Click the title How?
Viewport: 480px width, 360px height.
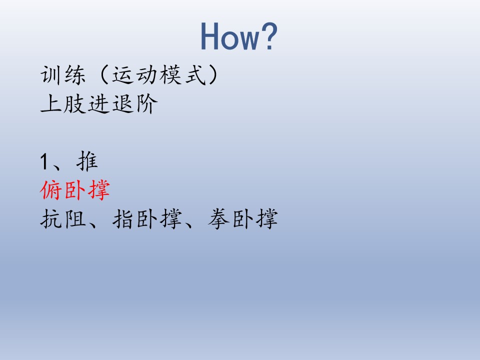point(239,36)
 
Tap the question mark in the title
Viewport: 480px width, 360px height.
point(269,36)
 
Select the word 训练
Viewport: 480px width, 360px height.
point(63,75)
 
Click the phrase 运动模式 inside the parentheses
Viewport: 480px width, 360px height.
point(158,75)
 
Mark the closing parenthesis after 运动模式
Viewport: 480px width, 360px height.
point(213,75)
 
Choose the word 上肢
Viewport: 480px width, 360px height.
point(63,104)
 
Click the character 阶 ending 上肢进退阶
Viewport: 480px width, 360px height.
point(146,104)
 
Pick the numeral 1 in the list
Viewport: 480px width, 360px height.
point(44,161)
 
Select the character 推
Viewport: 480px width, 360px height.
point(87,161)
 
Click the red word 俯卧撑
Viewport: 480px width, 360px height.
point(75,190)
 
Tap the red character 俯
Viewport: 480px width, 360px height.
point(51,190)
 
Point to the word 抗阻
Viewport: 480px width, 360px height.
point(63,219)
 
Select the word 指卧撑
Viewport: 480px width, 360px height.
point(147,219)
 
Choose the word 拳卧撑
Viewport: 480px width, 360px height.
point(243,219)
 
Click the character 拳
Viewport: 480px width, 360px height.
point(219,219)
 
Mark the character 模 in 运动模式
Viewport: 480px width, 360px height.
point(170,75)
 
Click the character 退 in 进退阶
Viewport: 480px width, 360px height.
point(123,104)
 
